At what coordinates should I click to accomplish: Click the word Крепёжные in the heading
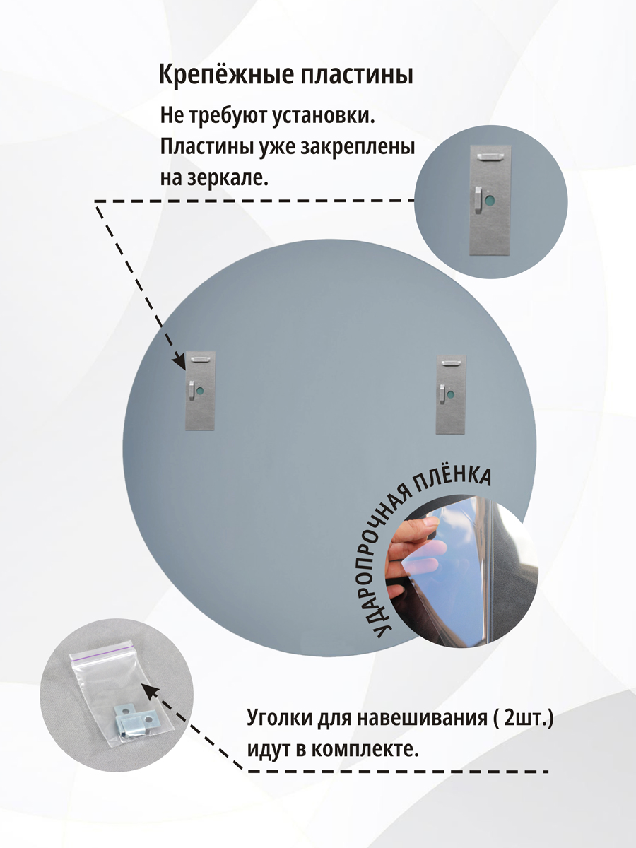click(226, 76)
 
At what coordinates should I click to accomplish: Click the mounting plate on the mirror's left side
click(201, 391)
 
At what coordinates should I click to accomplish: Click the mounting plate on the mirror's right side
click(451, 395)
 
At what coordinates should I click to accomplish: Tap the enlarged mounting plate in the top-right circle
click(490, 200)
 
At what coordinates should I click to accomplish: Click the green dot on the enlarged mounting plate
click(491, 201)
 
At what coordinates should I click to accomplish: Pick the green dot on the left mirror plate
click(201, 391)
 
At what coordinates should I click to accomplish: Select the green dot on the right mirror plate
click(451, 395)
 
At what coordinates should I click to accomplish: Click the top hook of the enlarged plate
click(490, 155)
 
